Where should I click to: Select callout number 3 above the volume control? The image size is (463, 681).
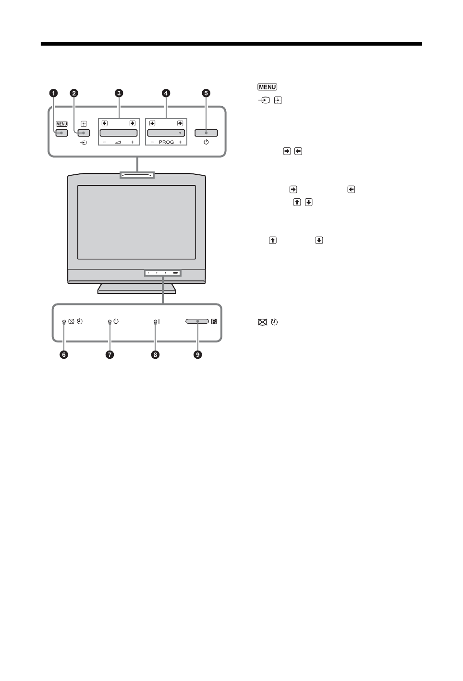coord(119,93)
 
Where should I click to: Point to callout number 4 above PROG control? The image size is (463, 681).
coord(166,93)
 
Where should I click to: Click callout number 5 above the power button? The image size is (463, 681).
coord(206,93)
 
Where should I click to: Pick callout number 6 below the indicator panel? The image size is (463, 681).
coord(64,354)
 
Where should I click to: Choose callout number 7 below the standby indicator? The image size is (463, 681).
coord(110,354)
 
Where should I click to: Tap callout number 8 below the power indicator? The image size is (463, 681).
coord(155,354)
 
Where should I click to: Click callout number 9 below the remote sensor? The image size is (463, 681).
coord(197,354)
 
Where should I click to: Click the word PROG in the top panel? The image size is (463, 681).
coord(166,143)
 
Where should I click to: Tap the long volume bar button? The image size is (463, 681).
coord(119,133)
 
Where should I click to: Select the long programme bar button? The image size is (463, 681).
coord(166,133)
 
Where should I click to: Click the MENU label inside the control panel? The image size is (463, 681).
coord(61,123)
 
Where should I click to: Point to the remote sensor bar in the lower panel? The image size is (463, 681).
coord(197,322)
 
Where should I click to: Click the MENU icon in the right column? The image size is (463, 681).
coord(267,87)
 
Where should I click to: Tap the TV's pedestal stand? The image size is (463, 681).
coord(137,288)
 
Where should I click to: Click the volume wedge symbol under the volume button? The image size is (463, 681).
coord(118,143)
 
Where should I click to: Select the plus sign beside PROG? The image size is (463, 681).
coord(180,143)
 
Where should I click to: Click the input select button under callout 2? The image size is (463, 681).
coord(84,133)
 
